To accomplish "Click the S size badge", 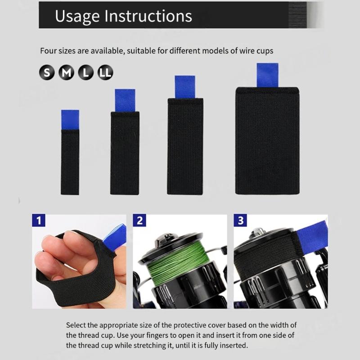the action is [47, 72].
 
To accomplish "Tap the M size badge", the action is [66, 72].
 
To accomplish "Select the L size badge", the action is [86, 72].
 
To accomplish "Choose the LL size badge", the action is [105, 72].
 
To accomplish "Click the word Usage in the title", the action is [77, 17].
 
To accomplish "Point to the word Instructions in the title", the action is [148, 16].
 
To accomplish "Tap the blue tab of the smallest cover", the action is [70, 120].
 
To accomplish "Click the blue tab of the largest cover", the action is [267, 75].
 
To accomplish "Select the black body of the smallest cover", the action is [70, 162].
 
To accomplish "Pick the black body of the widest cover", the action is [267, 141].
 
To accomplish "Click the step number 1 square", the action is [39, 220].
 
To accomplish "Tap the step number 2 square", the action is [139, 220].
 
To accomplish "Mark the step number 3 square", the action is [240, 220].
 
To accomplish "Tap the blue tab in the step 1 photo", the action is [115, 238].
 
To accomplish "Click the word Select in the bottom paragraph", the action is [76, 325].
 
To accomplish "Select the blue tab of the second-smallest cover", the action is [125, 100].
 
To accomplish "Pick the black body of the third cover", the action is [185, 147].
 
